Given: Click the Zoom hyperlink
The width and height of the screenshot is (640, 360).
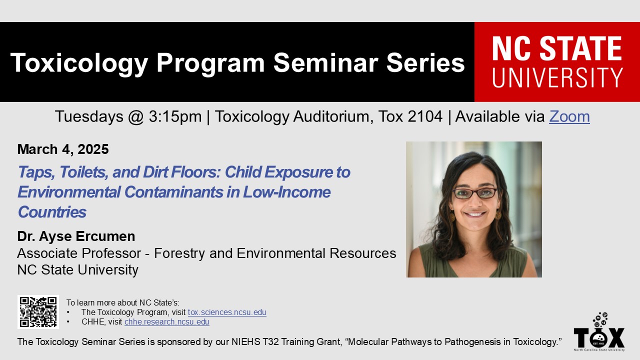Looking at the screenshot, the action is [x=569, y=116].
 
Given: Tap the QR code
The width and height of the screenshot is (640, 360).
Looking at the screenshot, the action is [x=38, y=312].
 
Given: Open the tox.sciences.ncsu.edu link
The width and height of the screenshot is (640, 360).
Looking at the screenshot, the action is [x=227, y=312].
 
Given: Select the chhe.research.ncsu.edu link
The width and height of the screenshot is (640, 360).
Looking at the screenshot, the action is [x=167, y=321].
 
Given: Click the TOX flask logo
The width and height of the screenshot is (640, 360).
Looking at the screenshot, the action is [x=599, y=331].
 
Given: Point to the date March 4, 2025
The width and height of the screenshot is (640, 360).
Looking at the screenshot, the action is [x=63, y=149].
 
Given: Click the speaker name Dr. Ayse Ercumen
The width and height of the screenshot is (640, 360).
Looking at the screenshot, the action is [x=76, y=236].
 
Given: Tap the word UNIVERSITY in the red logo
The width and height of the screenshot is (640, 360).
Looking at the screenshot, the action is [x=557, y=77].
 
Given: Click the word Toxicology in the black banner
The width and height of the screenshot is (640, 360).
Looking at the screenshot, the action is [x=79, y=63].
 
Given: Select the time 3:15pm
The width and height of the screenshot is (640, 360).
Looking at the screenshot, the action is [x=175, y=116].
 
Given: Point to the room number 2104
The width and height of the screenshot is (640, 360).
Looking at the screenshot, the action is [x=425, y=116].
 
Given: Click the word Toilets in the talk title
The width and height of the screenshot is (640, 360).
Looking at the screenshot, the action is [x=83, y=172].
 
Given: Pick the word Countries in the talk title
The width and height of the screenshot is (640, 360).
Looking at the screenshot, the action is [x=52, y=212].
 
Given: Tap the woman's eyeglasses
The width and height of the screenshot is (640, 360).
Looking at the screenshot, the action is [x=475, y=193].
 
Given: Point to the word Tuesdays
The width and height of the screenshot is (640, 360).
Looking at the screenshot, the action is [x=89, y=117].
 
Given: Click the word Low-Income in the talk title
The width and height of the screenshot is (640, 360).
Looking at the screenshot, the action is [x=286, y=192].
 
